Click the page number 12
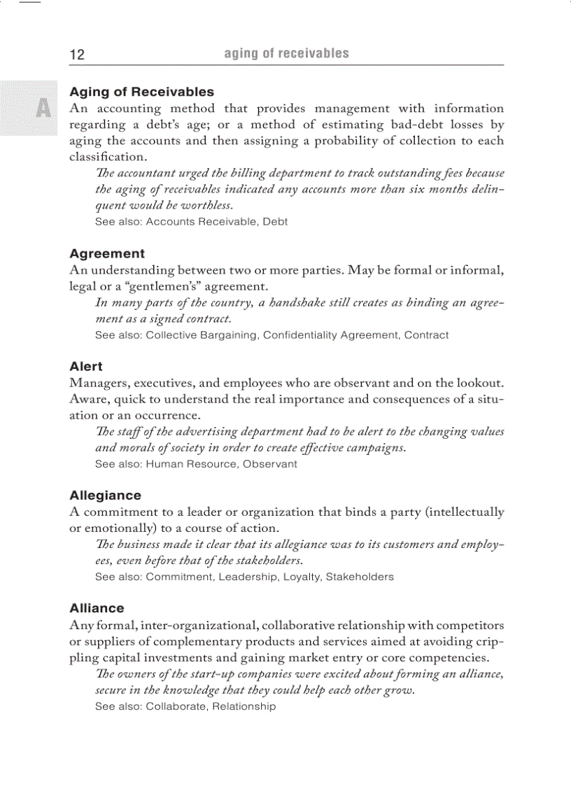[77, 55]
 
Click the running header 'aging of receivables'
[286, 53]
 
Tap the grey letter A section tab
[43, 108]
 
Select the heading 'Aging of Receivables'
[141, 92]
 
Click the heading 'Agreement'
[107, 253]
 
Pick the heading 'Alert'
[86, 366]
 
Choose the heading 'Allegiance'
[105, 495]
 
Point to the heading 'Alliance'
[97, 608]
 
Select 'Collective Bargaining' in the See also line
[201, 335]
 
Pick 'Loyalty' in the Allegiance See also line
[301, 577]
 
